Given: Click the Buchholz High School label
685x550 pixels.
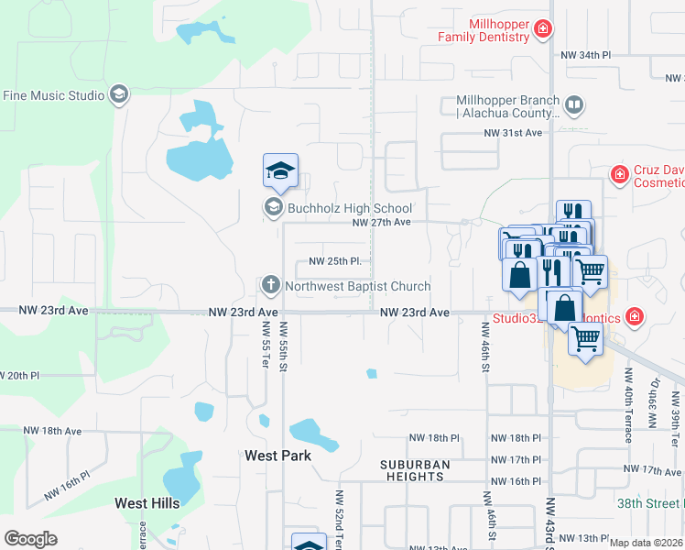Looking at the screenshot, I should [350, 208].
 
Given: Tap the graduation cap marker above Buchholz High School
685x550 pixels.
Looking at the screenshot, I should [281, 170].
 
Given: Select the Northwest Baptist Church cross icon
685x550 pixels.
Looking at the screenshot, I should [270, 285].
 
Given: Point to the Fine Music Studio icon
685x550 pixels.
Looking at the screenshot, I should [119, 93].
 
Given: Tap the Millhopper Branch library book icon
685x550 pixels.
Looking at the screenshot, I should [574, 106].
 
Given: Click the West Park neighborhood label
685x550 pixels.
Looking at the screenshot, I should [277, 456].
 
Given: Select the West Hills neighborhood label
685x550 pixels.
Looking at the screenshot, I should [147, 503].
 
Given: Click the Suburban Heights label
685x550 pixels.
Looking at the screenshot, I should [415, 470].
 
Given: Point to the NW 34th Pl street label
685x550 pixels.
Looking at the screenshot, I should [585, 56].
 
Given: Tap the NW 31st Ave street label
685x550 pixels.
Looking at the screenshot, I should [514, 133].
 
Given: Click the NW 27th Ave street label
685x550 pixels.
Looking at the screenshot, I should [383, 223].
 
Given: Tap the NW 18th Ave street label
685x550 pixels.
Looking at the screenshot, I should [52, 431].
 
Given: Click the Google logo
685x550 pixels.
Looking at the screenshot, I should [30, 539].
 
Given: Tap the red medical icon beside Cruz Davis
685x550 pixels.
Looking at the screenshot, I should [620, 172].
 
